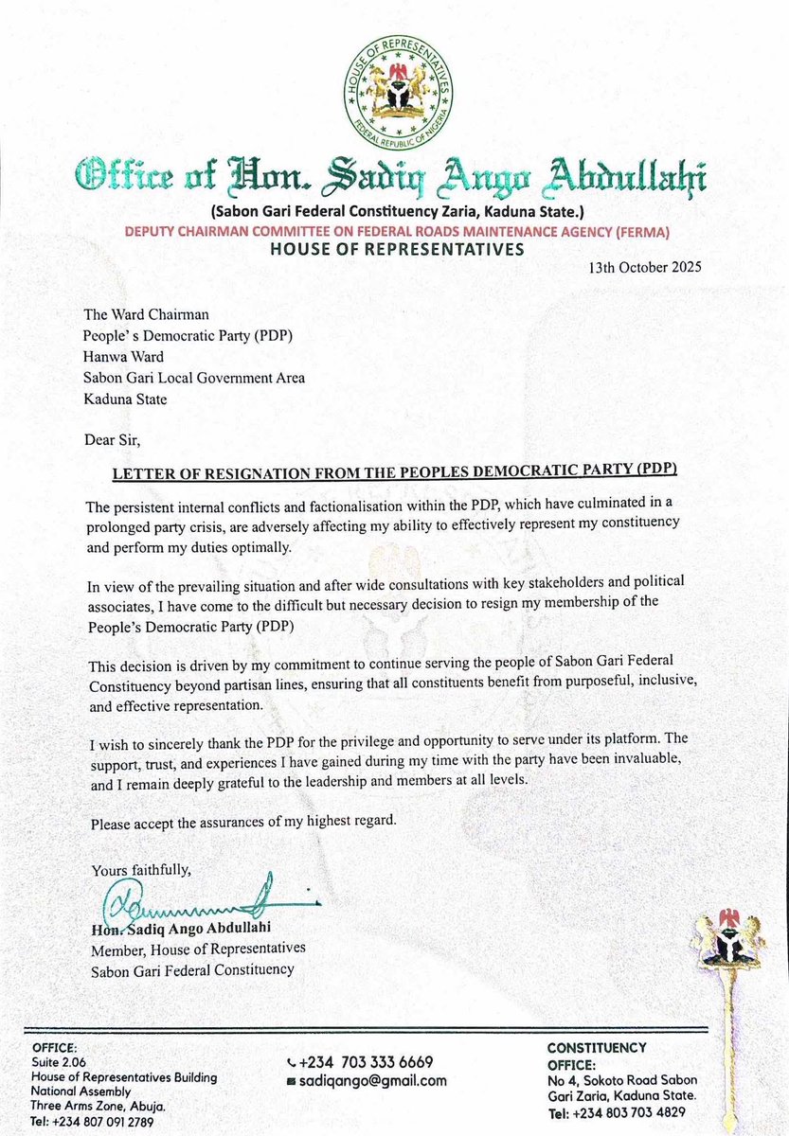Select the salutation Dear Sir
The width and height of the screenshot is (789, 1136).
(x=119, y=438)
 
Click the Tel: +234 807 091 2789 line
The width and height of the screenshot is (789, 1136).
(x=92, y=1121)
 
